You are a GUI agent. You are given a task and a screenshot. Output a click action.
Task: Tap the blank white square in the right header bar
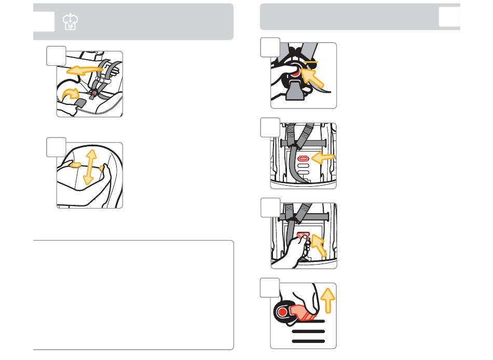449,18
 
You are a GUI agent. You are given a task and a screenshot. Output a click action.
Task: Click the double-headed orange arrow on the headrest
90,167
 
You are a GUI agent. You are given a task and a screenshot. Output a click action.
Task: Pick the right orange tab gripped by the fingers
103,169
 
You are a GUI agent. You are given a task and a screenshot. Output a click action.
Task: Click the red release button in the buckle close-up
297,74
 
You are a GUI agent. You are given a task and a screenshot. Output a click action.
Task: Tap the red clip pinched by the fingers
302,234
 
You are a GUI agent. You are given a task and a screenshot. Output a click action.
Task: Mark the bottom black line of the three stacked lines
308,341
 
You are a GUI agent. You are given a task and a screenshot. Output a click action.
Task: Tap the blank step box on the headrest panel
56,148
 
